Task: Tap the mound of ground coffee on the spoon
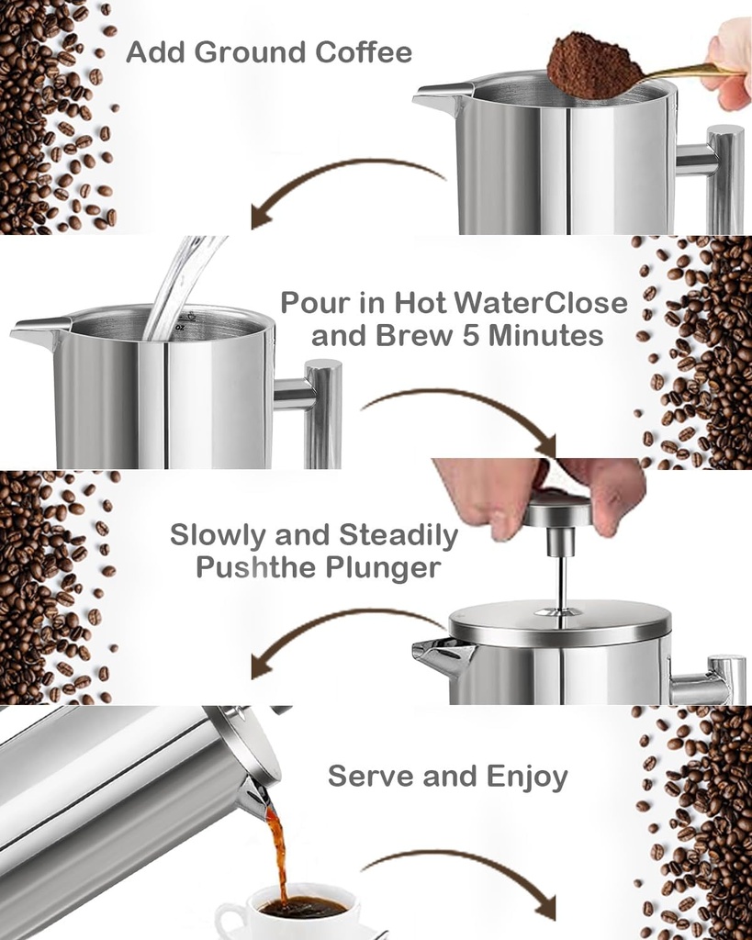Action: (591, 65)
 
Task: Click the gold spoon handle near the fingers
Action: (684, 72)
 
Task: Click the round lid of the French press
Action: (559, 624)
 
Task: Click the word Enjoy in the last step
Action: (527, 777)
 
